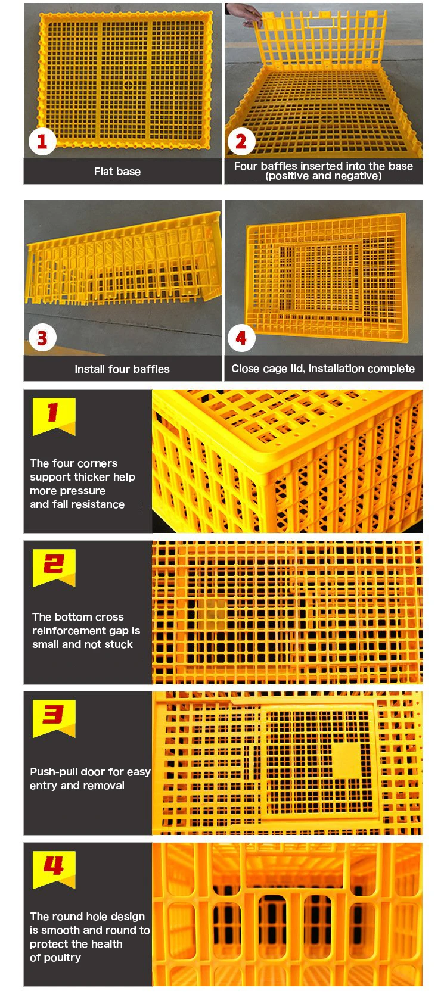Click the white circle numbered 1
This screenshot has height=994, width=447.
pyautogui.click(x=42, y=142)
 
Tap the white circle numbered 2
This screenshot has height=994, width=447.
pyautogui.click(x=241, y=142)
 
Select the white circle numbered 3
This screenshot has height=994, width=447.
pyautogui.click(x=42, y=338)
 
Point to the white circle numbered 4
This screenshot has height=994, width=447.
pyautogui.click(x=241, y=338)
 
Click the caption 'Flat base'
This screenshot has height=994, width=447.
pyautogui.click(x=117, y=172)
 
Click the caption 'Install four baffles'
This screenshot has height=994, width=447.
pyautogui.click(x=122, y=369)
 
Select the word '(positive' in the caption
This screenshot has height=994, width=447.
pyautogui.click(x=285, y=176)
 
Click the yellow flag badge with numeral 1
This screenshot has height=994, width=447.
pyautogui.click(x=54, y=416)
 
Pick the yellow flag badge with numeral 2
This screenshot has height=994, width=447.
pyautogui.click(x=54, y=568)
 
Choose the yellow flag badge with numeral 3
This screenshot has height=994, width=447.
pyautogui.click(x=54, y=718)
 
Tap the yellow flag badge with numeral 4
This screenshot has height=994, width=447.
pyautogui.click(x=54, y=870)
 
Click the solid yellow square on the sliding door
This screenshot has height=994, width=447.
pyautogui.click(x=347, y=760)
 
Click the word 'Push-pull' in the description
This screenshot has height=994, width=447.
pyautogui.click(x=52, y=772)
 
